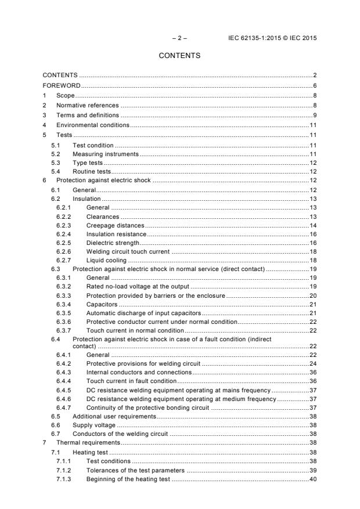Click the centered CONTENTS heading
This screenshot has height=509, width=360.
179,56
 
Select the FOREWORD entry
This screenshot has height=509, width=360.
62,85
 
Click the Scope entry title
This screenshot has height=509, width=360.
66,95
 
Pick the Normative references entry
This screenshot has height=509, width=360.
87,105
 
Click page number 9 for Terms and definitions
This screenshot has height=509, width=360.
314,115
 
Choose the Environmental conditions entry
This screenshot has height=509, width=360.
92,125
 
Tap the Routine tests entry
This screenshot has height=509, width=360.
91,172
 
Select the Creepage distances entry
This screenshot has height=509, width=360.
114,225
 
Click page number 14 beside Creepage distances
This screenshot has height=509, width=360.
312,225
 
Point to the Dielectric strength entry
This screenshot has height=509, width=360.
113,242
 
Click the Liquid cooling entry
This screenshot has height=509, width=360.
106,261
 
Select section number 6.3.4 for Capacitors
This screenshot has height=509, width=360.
64,304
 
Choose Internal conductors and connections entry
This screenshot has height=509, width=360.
138,372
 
